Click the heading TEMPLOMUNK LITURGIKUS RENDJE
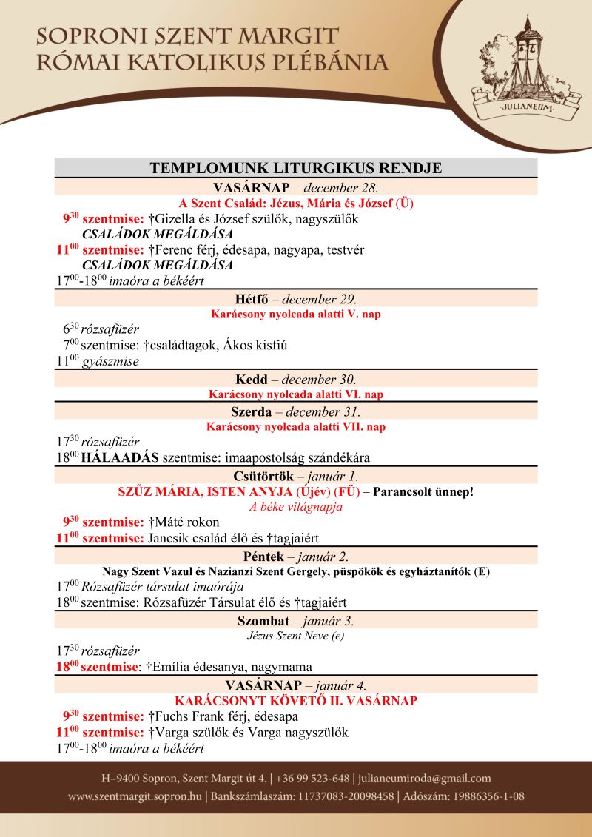coord(296,168)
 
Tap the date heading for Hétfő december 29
coord(296,299)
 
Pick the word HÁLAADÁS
coord(121,457)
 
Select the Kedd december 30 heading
coord(296,380)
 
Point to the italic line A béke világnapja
coord(296,507)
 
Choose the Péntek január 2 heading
coord(296,556)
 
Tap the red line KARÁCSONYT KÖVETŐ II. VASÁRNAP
coord(296,700)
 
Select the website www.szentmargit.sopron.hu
coord(135,797)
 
